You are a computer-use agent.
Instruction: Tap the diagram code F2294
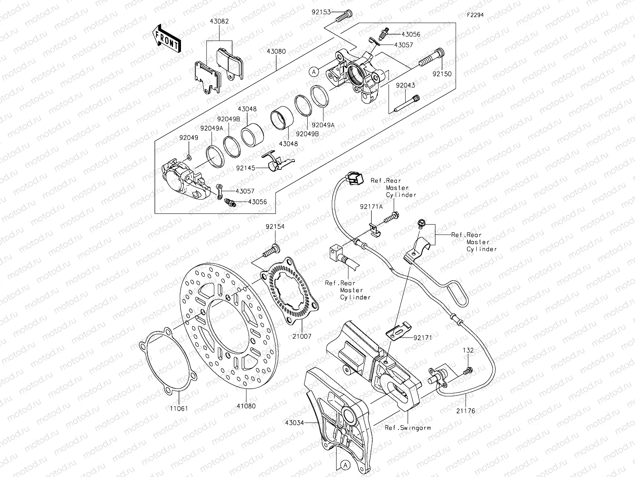click(475, 15)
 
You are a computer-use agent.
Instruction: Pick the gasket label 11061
click(179, 408)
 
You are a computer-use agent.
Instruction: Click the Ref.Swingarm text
click(408, 428)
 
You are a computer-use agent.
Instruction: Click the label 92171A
click(371, 206)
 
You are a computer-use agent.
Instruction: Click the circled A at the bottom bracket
click(345, 465)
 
